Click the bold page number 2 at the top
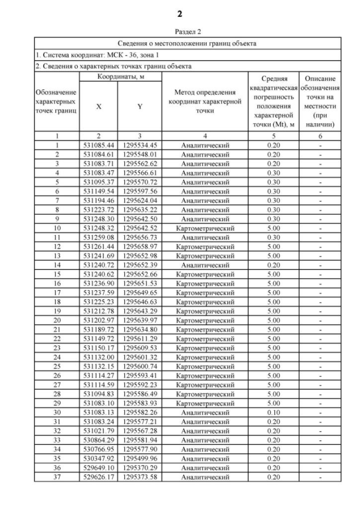(x=179, y=13)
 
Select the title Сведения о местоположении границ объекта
(x=187, y=43)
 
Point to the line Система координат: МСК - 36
(x=93, y=55)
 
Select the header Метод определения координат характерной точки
(x=205, y=102)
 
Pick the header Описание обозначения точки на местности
(x=319, y=101)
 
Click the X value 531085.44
(x=98, y=145)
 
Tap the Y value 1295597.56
(x=140, y=190)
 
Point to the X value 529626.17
(x=98, y=477)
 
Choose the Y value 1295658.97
(x=140, y=247)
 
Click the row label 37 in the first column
(x=57, y=477)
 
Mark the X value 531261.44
(x=98, y=247)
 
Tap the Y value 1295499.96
(x=140, y=459)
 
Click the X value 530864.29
(x=98, y=440)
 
